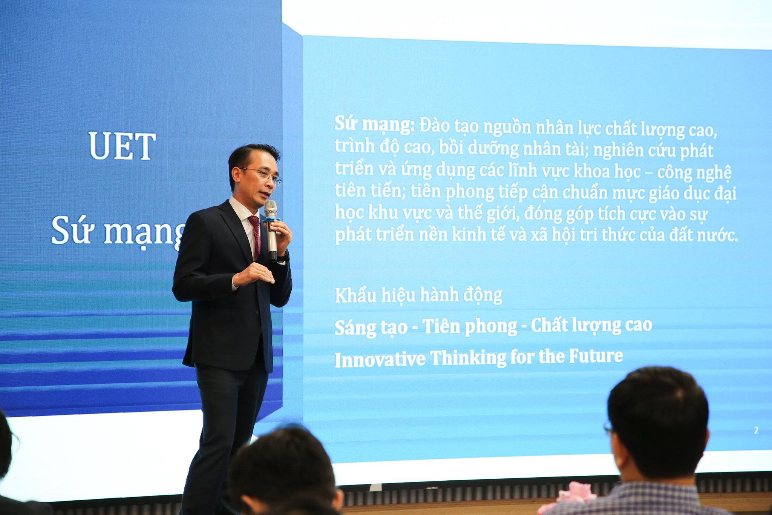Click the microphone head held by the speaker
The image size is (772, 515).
coord(270,208)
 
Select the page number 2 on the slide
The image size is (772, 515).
coord(756,430)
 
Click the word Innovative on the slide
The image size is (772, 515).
coord(380,359)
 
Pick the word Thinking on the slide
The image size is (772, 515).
coord(468,358)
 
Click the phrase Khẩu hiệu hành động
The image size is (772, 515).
coord(418,295)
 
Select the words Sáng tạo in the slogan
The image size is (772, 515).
coord(371,327)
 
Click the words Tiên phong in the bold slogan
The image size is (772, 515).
coord(469,326)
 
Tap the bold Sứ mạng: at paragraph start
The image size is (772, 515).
coord(375,124)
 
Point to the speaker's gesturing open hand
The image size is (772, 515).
coord(253,274)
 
